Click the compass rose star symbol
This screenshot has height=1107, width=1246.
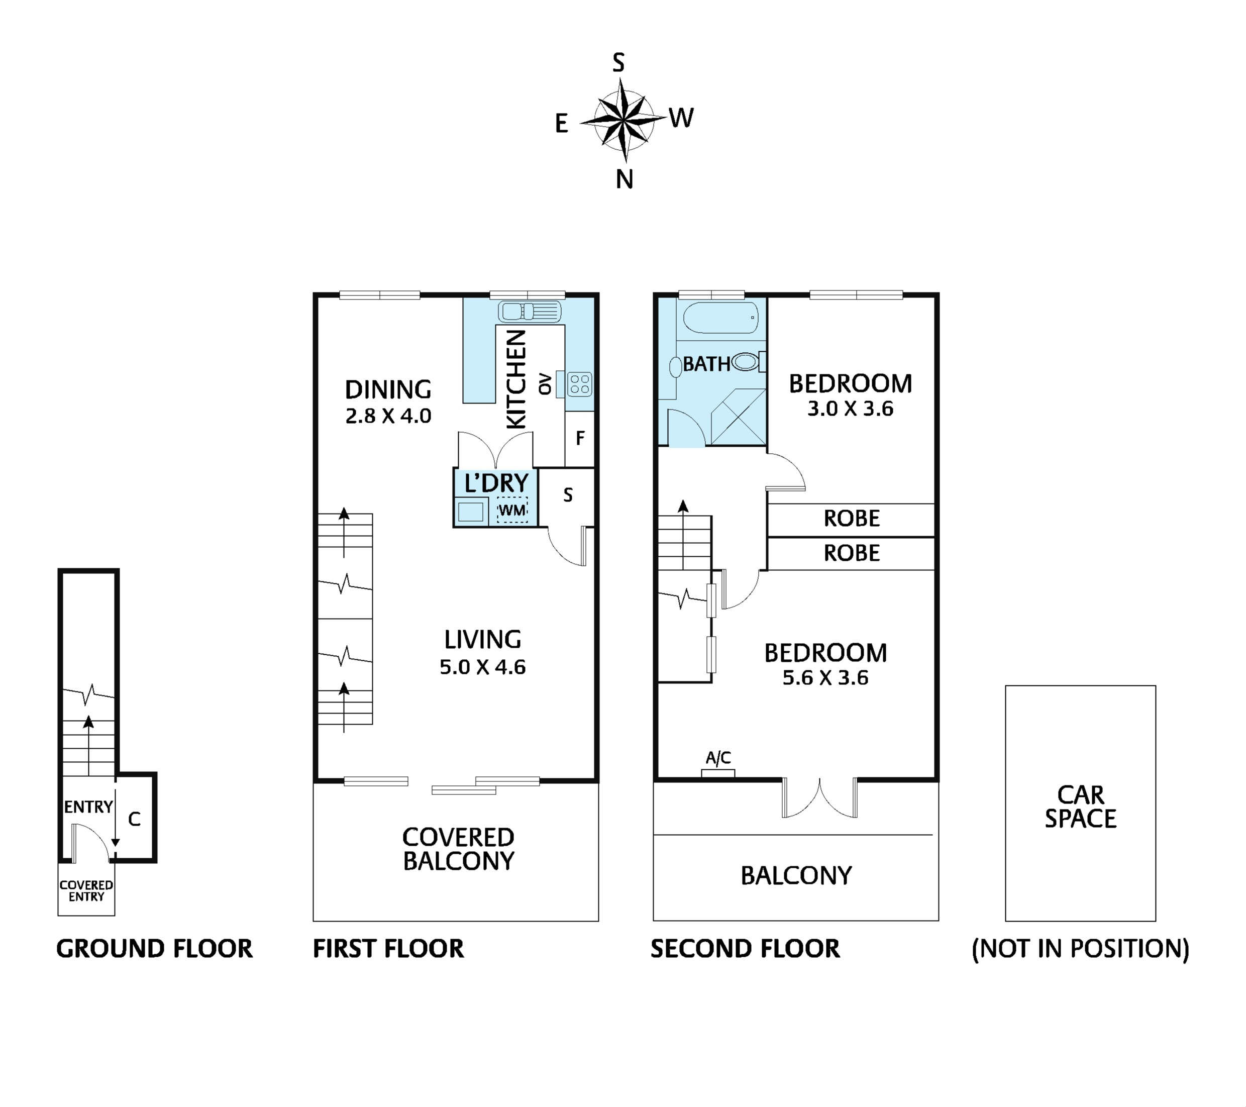coord(622,121)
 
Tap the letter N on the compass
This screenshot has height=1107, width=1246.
coord(624,180)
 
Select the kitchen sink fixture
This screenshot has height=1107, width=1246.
coord(529,312)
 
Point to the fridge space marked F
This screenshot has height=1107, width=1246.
coord(580,438)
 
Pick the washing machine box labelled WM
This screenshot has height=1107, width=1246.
coord(512,510)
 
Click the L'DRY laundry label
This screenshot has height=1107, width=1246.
coord(495,483)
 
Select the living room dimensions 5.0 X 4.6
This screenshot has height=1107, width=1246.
coord(482,667)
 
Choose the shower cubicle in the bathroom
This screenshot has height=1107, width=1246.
coord(738,417)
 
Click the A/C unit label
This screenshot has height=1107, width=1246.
coord(718,758)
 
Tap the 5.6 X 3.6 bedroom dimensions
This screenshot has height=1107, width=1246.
coord(825,678)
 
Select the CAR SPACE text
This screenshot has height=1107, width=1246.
coord(1080,807)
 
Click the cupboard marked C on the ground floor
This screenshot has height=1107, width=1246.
coord(135,819)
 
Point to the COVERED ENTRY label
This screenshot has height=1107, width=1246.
coord(86,890)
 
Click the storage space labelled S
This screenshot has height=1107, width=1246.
coord(568,495)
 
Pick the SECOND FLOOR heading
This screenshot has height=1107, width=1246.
coord(745,949)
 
